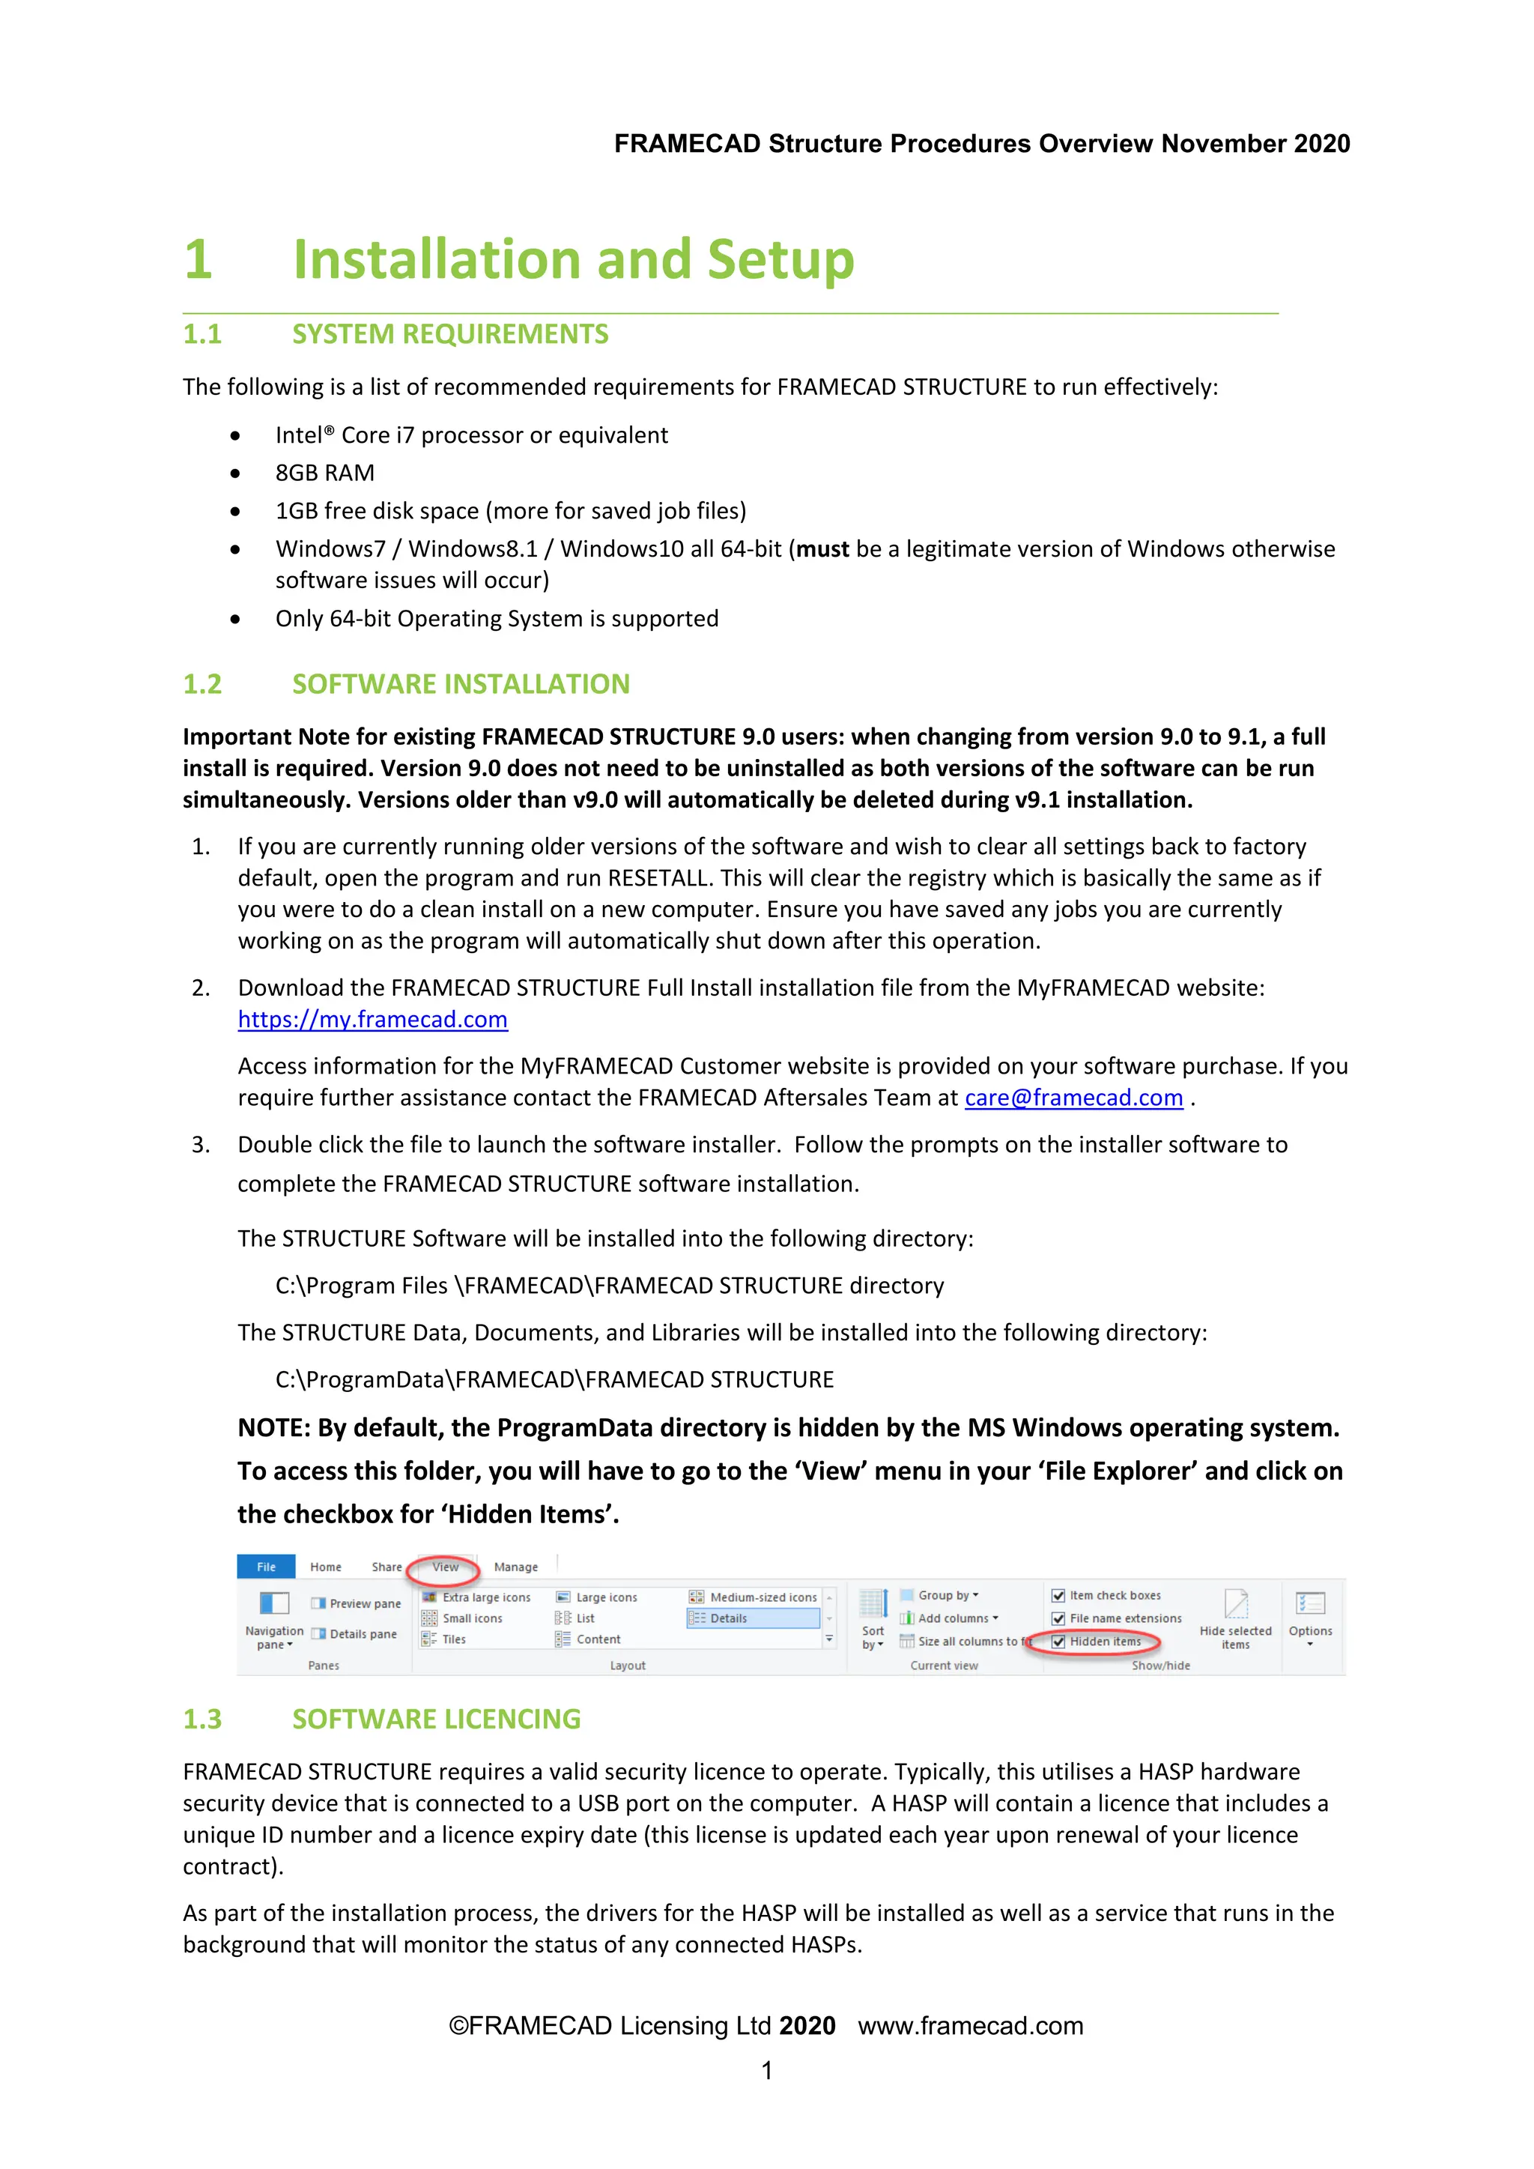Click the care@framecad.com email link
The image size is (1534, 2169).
1073,1098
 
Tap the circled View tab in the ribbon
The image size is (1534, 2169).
445,1567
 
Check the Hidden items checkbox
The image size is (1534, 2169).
1059,1642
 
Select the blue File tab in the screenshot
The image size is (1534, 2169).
267,1567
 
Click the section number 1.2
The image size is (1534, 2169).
202,684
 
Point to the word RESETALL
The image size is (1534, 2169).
658,879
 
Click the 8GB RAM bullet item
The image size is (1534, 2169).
325,474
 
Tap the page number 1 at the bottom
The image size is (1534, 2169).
767,2070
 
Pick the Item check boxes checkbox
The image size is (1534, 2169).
1059,1596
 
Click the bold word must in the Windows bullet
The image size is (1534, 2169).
822,550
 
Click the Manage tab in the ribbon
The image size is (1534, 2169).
516,1567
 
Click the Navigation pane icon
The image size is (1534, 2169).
274,1605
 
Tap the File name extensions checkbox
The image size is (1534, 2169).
1059,1619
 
